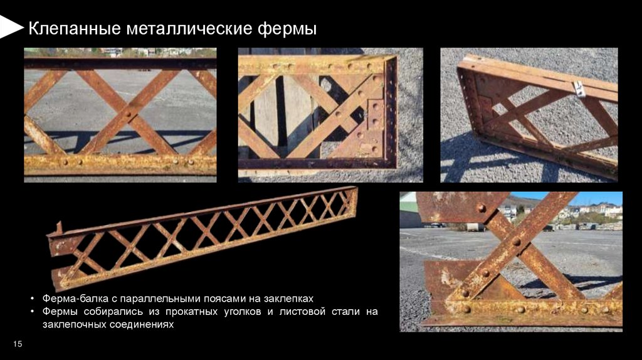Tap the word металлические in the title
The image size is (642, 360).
(x=189, y=29)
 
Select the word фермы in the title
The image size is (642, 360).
(x=287, y=29)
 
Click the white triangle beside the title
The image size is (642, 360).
(x=11, y=27)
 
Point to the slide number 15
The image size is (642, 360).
(x=18, y=344)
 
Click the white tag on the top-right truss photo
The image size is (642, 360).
(x=579, y=89)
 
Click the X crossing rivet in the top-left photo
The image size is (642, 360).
(x=128, y=114)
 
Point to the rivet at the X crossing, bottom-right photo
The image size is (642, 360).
(x=517, y=242)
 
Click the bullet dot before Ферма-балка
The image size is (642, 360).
(x=33, y=299)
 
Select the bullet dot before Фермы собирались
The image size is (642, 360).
(x=33, y=312)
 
